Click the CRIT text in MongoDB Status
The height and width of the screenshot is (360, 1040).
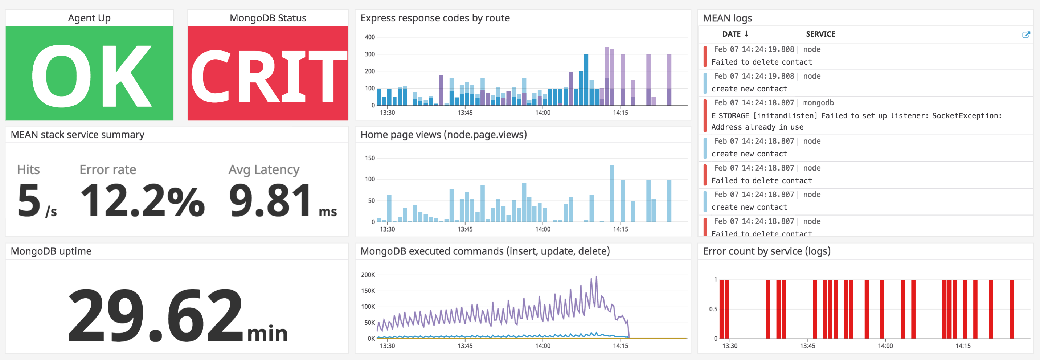268,75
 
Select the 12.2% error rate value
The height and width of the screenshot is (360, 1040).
142,200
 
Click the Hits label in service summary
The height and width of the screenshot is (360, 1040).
28,169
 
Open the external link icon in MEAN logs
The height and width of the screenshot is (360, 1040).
1025,35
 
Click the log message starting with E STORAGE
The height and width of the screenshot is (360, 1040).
856,116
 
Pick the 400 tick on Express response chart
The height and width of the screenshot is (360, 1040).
369,37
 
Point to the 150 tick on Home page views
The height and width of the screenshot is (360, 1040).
369,158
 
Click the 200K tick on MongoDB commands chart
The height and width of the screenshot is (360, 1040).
368,275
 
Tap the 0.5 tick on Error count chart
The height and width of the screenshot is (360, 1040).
713,309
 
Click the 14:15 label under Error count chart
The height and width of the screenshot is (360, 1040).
963,346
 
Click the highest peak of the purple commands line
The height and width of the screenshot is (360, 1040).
596,277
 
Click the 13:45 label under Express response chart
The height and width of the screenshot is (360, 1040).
465,112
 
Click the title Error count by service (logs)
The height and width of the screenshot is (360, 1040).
766,251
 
